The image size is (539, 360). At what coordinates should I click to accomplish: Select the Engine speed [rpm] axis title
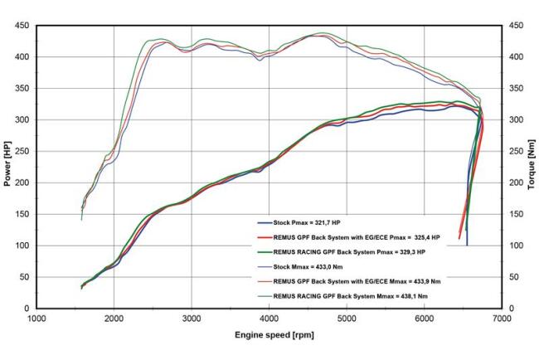click(x=269, y=336)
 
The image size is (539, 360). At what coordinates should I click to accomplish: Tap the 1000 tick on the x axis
click(x=36, y=317)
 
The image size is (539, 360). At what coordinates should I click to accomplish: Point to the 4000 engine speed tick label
click(x=269, y=317)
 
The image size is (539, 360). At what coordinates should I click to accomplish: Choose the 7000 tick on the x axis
click(x=503, y=317)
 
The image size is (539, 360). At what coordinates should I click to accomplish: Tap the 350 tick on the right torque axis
click(x=515, y=88)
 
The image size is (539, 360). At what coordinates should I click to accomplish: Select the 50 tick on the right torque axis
click(x=512, y=277)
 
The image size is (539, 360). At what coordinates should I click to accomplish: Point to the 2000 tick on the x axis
click(x=114, y=317)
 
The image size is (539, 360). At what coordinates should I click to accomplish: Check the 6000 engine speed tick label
click(x=425, y=317)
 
